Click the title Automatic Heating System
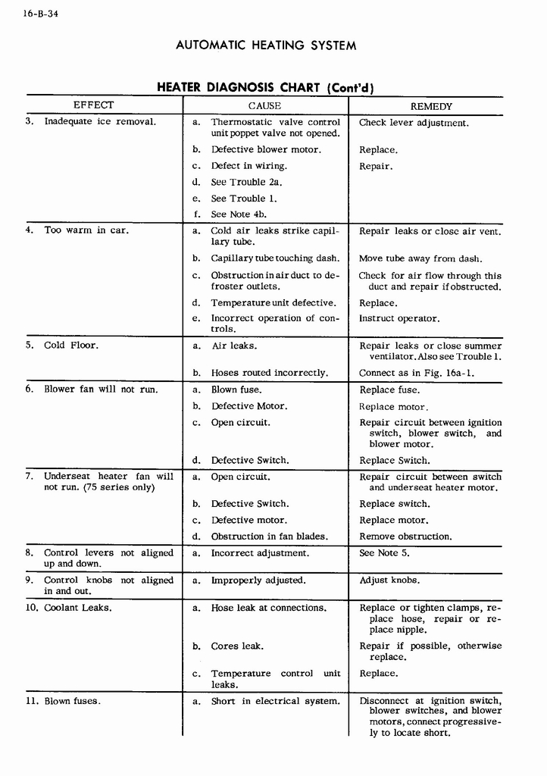coord(266,45)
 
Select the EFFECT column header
coord(93,105)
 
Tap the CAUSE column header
coord(264,106)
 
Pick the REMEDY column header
coord(431,107)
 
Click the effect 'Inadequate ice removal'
coord(100,121)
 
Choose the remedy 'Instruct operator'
coord(399,318)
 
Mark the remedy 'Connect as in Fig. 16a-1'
coord(417,373)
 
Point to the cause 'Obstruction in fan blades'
coord(269,537)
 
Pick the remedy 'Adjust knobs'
coord(389,580)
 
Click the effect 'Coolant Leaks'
coord(77,608)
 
